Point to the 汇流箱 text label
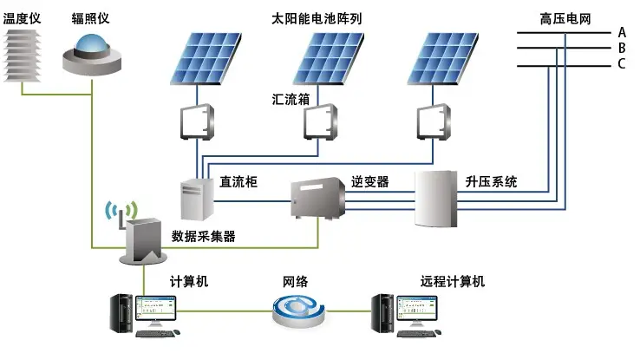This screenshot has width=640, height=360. (x=291, y=101)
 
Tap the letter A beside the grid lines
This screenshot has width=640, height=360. (x=621, y=32)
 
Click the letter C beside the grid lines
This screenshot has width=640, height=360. (x=621, y=64)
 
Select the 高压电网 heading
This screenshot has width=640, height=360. (x=564, y=17)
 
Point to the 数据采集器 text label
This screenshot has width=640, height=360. (x=204, y=236)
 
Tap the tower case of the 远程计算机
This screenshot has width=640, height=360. (x=382, y=316)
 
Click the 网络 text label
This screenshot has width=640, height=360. (x=296, y=282)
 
